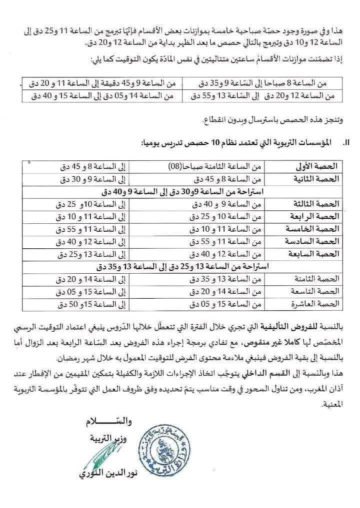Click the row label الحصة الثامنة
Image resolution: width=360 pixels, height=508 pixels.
pos(318,279)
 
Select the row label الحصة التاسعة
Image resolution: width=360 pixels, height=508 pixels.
pos(318,291)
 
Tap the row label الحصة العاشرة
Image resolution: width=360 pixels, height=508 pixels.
pos(318,304)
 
